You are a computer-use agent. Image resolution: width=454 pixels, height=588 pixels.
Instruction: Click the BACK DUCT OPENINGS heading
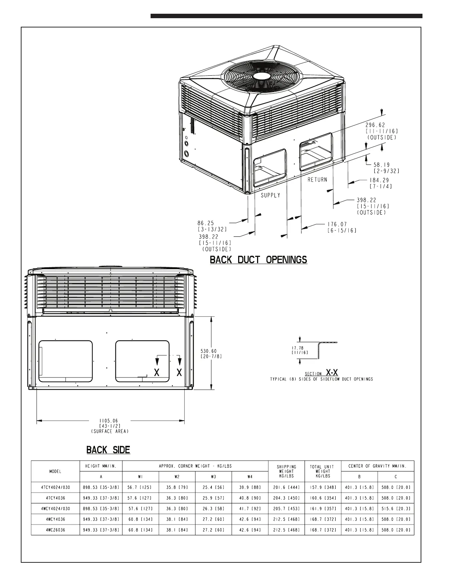(259, 259)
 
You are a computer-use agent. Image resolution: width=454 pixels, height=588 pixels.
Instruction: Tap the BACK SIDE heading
(108, 450)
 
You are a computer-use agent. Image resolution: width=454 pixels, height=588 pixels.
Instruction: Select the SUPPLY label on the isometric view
(270, 195)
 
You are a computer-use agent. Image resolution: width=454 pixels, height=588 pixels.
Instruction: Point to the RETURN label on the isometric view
(317, 180)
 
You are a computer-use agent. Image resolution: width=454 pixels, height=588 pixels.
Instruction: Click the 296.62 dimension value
(376, 125)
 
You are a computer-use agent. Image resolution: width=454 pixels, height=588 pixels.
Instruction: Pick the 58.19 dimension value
(382, 165)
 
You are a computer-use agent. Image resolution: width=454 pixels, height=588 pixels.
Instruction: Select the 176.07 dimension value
(337, 224)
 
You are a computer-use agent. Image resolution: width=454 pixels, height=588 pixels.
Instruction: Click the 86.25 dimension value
(206, 223)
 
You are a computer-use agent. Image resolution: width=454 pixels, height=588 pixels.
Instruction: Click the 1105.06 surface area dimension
(109, 421)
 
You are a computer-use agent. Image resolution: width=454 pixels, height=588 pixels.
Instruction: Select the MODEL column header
(55, 471)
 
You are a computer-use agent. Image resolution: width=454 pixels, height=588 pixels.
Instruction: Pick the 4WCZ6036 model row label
(55, 530)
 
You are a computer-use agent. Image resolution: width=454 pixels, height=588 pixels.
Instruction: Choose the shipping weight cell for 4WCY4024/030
(286, 509)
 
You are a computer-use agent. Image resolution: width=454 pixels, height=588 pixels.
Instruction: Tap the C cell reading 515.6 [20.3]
(396, 509)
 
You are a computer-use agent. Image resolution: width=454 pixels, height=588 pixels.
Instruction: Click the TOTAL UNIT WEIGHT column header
(323, 471)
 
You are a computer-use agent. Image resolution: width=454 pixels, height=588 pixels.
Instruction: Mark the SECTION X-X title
(322, 372)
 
